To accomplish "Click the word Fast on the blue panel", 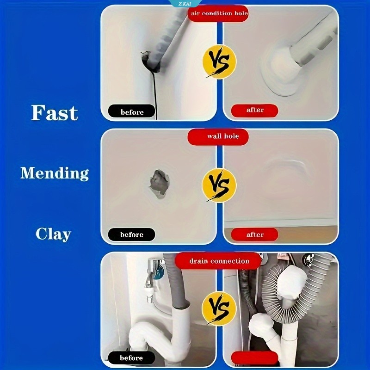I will click(x=55, y=113).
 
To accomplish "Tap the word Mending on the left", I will click(x=55, y=173).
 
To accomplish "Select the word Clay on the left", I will click(x=53, y=234).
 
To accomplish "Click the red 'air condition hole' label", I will click(x=218, y=13).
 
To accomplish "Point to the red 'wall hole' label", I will click(x=218, y=136).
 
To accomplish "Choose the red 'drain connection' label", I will click(x=219, y=261).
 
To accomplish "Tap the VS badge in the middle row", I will click(x=219, y=185).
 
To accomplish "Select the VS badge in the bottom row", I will click(x=219, y=308).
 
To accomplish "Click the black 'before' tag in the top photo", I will click(x=132, y=111).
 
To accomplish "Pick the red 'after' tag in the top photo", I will click(x=254, y=110).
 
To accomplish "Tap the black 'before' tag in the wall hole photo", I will click(x=132, y=234).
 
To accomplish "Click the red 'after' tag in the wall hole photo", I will click(x=254, y=234).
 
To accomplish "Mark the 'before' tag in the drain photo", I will click(x=132, y=358).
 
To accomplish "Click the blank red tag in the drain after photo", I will click(x=254, y=358).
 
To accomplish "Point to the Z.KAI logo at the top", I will click(x=185, y=4).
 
